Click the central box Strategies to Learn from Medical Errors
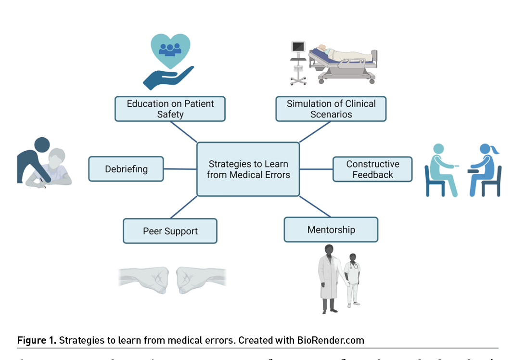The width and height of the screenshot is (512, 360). click(248, 169)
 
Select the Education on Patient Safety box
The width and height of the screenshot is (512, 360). click(170, 109)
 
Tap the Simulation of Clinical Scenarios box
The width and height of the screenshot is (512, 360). click(331, 109)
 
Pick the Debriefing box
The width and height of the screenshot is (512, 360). click(126, 169)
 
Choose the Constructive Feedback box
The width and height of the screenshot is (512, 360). click(372, 169)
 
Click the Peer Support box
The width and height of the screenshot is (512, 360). click(170, 231)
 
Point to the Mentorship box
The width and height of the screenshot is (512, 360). click(331, 230)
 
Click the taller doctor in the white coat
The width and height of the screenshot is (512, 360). click(329, 277)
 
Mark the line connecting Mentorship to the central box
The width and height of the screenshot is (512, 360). click(315, 206)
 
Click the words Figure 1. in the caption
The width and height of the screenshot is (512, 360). click(37, 340)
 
